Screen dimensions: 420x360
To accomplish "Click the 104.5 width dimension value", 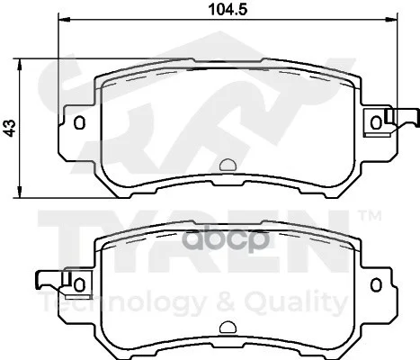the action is [228, 9].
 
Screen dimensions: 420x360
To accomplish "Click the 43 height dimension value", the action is [11, 128].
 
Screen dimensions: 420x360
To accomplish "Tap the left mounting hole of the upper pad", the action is [79, 122].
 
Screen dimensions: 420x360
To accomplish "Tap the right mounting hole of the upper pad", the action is [376, 122].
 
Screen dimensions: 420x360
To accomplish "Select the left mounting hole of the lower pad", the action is [79, 284].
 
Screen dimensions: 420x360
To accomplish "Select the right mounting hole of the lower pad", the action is [376, 284].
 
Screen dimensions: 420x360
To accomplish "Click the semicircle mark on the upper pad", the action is [228, 165].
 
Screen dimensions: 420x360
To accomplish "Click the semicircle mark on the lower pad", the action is [228, 328].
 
